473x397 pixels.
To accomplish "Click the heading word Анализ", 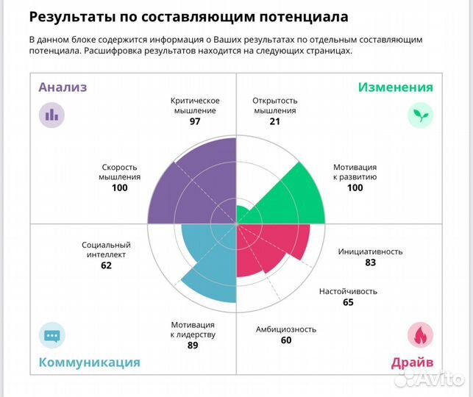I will [x=63, y=87].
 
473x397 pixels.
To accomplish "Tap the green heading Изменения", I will [x=395, y=87].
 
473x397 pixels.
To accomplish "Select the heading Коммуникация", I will [x=89, y=362].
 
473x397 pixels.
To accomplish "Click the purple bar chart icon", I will [x=51, y=115].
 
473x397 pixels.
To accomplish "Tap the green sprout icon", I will [x=421, y=115].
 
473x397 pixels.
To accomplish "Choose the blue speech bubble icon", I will [x=51, y=335].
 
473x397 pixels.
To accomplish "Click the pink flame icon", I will [x=421, y=335].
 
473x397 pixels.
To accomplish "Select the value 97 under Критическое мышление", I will [x=195, y=121].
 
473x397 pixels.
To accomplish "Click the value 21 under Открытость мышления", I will [x=274, y=121].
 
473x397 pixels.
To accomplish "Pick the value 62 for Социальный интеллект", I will [x=106, y=265].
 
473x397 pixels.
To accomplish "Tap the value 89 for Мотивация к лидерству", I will [x=193, y=345].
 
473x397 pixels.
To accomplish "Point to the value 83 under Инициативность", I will [x=370, y=262].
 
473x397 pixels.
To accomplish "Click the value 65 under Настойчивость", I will [x=348, y=302].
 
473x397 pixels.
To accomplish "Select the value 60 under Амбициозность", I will [x=286, y=340].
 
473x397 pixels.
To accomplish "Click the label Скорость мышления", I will [x=120, y=171].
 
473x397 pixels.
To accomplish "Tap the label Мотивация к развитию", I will [x=355, y=171].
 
